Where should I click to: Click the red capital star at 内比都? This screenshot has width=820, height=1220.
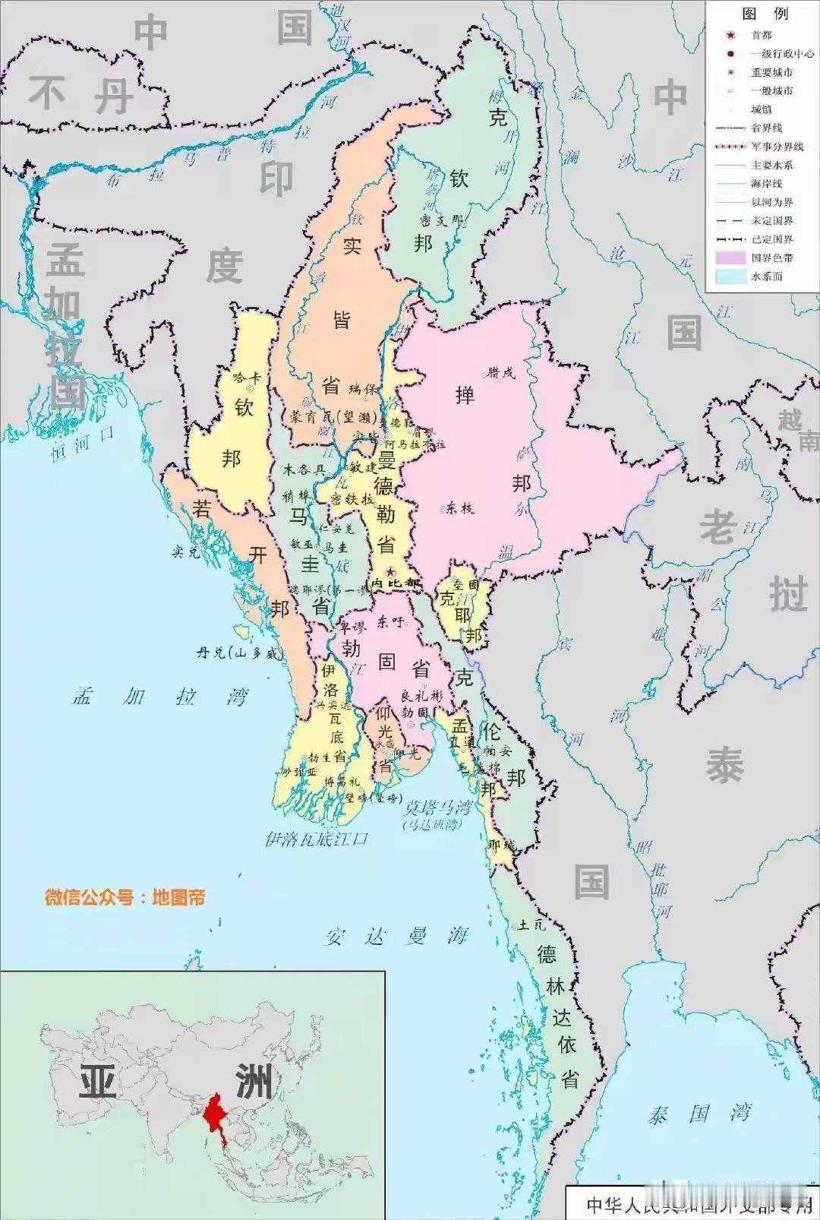pyautogui.click(x=390, y=571)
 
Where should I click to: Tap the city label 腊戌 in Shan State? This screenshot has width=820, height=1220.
pyautogui.click(x=500, y=372)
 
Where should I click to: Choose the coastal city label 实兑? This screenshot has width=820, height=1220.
pyautogui.click(x=185, y=552)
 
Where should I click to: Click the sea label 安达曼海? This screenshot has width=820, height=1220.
pyautogui.click(x=396, y=936)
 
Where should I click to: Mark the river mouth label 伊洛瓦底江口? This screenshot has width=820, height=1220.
pyautogui.click(x=316, y=839)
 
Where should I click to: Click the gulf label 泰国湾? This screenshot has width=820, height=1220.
pyautogui.click(x=699, y=1114)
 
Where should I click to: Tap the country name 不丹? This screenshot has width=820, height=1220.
pyautogui.click(x=80, y=96)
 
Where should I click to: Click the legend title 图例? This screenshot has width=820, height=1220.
pyautogui.click(x=765, y=14)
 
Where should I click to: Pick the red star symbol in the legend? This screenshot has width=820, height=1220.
pyautogui.click(x=730, y=35)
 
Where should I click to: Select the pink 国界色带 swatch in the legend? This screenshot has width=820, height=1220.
pyautogui.click(x=730, y=258)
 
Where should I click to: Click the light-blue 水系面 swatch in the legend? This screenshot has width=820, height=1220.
pyautogui.click(x=730, y=276)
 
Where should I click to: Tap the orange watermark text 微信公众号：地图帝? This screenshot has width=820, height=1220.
pyautogui.click(x=125, y=897)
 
